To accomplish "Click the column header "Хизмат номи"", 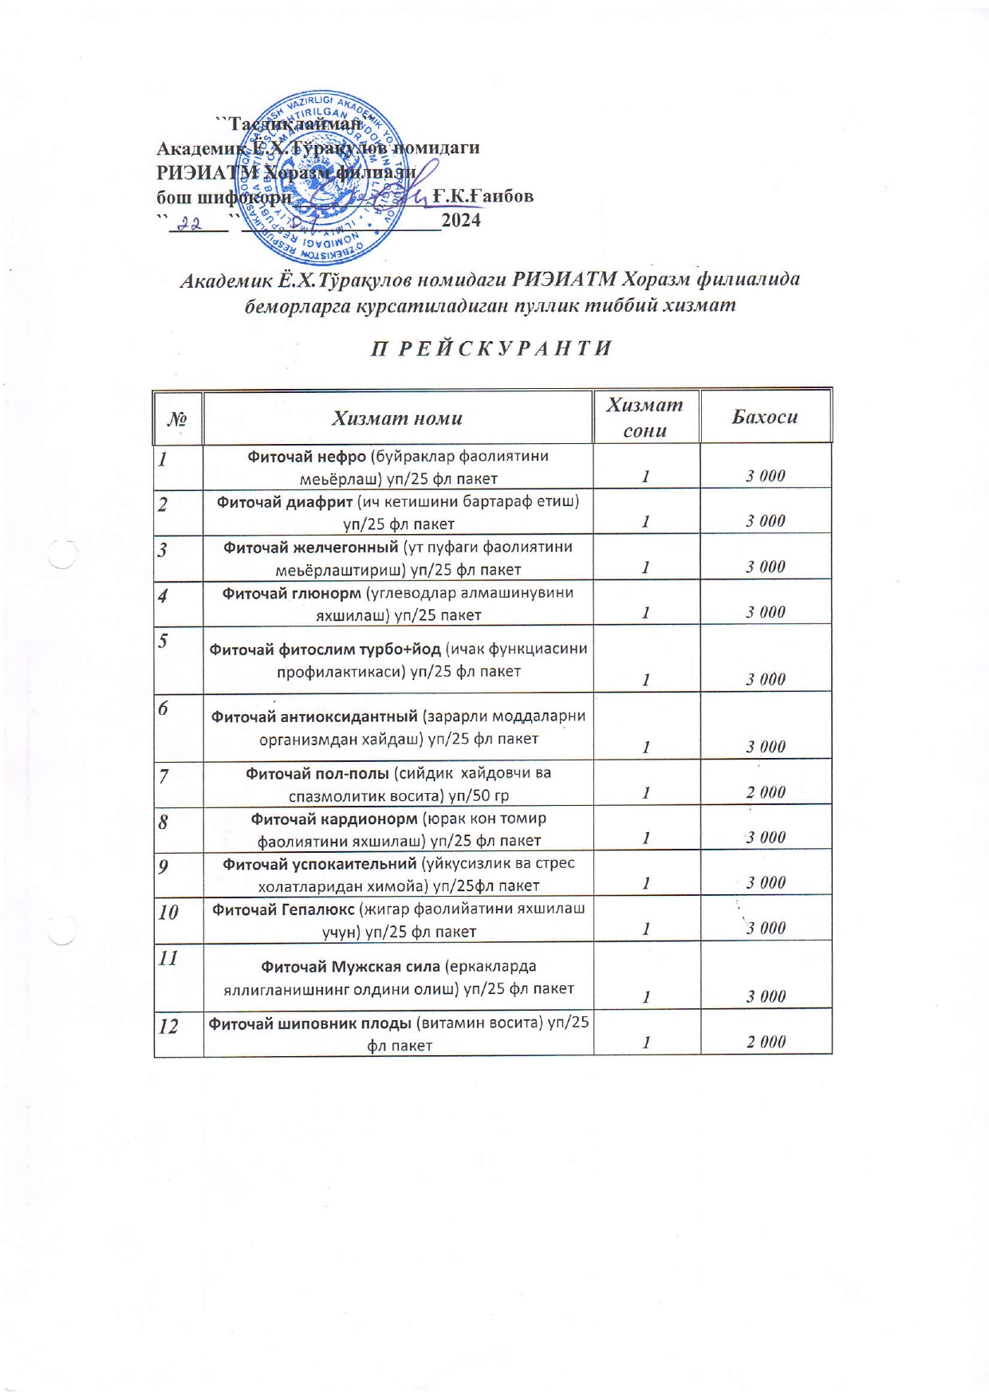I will coord(397,418).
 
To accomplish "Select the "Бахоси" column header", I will coord(765,417).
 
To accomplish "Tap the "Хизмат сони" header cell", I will coord(645,418).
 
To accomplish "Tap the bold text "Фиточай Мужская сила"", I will coord(351,966).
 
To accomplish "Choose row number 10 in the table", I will coord(167,912).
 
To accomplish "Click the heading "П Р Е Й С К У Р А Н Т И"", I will coord(492,349).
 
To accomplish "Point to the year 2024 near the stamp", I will coord(461,221).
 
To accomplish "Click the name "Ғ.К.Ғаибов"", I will coord(483,196).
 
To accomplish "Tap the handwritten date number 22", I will coord(188,224).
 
